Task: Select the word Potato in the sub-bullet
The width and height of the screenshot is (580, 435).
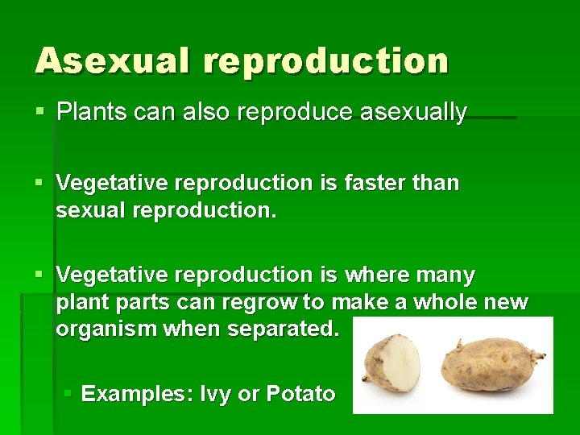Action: tap(300, 394)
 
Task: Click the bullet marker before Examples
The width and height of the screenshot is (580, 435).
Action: tap(68, 395)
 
